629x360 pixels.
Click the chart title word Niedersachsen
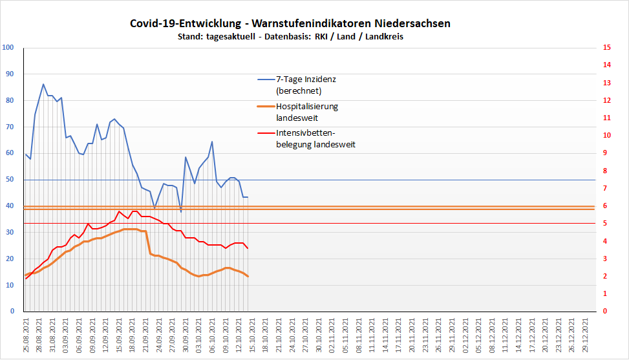411,23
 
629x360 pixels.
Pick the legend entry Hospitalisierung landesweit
306,106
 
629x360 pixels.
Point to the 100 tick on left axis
8,48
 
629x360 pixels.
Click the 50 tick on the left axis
10,180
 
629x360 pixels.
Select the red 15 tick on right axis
606,48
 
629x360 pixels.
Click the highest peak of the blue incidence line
43,84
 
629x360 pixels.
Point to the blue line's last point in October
248,197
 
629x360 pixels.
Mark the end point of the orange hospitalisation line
248,277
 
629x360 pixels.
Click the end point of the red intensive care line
248,248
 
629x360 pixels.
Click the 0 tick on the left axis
12,312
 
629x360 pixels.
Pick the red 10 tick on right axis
606,136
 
